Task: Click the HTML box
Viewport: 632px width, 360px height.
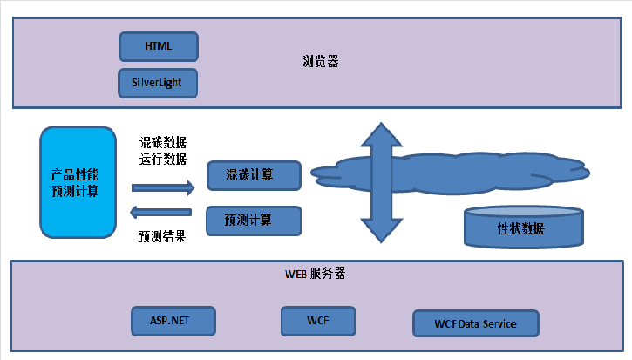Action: (158, 44)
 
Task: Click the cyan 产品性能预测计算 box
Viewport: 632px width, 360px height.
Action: (78, 181)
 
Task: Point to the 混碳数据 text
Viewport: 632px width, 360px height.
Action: (163, 142)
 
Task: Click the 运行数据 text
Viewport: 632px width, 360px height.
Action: (163, 160)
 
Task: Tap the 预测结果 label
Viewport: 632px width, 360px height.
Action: (163, 235)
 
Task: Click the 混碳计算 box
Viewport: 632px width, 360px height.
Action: (254, 175)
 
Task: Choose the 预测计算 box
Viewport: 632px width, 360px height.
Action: (254, 221)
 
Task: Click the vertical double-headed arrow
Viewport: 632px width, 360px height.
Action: (381, 183)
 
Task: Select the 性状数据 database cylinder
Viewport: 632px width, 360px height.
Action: (522, 228)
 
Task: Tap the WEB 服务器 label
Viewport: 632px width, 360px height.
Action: (316, 274)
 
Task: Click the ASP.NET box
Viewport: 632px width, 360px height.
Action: (174, 322)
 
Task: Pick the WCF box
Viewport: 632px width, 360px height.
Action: (318, 321)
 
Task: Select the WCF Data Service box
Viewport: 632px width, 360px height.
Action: (475, 323)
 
